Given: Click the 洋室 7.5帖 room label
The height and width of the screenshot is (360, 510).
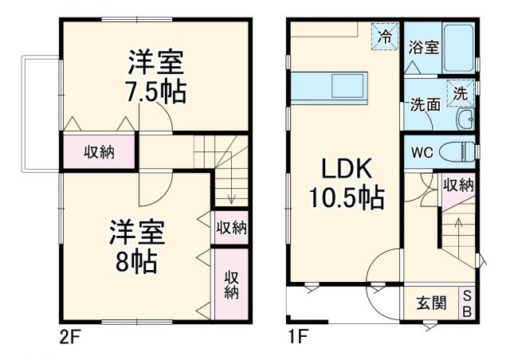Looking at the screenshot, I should pyautogui.click(x=156, y=76).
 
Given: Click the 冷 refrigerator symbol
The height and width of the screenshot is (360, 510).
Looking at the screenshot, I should pyautogui.click(x=386, y=36).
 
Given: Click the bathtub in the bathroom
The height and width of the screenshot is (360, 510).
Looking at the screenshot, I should pyautogui.click(x=457, y=47).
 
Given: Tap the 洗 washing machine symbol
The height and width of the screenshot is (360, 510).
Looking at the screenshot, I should pyautogui.click(x=460, y=91).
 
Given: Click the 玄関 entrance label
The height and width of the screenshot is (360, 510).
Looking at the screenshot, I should pyautogui.click(x=431, y=303).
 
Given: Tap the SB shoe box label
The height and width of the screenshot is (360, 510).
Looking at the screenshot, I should pyautogui.click(x=467, y=303).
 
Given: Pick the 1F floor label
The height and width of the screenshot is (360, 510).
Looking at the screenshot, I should pyautogui.click(x=297, y=336).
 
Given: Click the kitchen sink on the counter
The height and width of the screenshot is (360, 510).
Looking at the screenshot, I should pyautogui.click(x=347, y=85).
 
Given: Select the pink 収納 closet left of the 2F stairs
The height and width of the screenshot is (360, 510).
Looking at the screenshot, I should pyautogui.click(x=100, y=152).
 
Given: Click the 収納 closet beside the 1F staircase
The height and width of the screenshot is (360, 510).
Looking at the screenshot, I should pyautogui.click(x=458, y=185).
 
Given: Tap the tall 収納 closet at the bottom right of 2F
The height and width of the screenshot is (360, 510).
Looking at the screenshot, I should pyautogui.click(x=231, y=284).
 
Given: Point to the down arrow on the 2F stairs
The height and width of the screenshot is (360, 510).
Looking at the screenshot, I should pyautogui.click(x=230, y=194).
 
